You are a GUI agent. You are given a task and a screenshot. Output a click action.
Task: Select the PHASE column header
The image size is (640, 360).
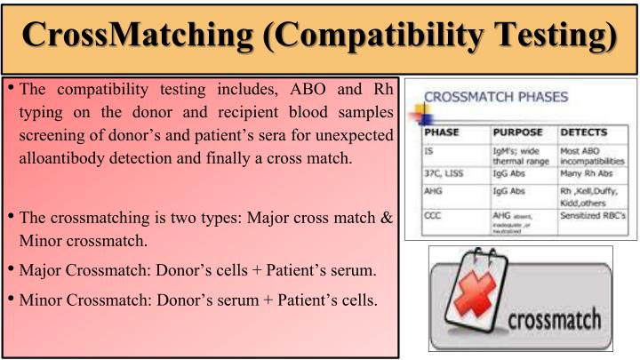pyautogui.click(x=444, y=132)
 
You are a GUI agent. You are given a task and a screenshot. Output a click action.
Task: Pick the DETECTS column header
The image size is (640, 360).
pyautogui.click(x=584, y=132)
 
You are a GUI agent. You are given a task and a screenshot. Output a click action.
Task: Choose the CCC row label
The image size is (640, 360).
pyautogui.click(x=434, y=214)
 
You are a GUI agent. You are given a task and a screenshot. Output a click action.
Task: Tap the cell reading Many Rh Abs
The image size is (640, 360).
pyautogui.click(x=588, y=175)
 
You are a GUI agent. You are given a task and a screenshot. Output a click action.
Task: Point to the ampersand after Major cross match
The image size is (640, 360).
pyautogui.click(x=387, y=218)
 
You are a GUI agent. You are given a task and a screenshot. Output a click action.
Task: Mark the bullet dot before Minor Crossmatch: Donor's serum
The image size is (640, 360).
pyautogui.click(x=12, y=298)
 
